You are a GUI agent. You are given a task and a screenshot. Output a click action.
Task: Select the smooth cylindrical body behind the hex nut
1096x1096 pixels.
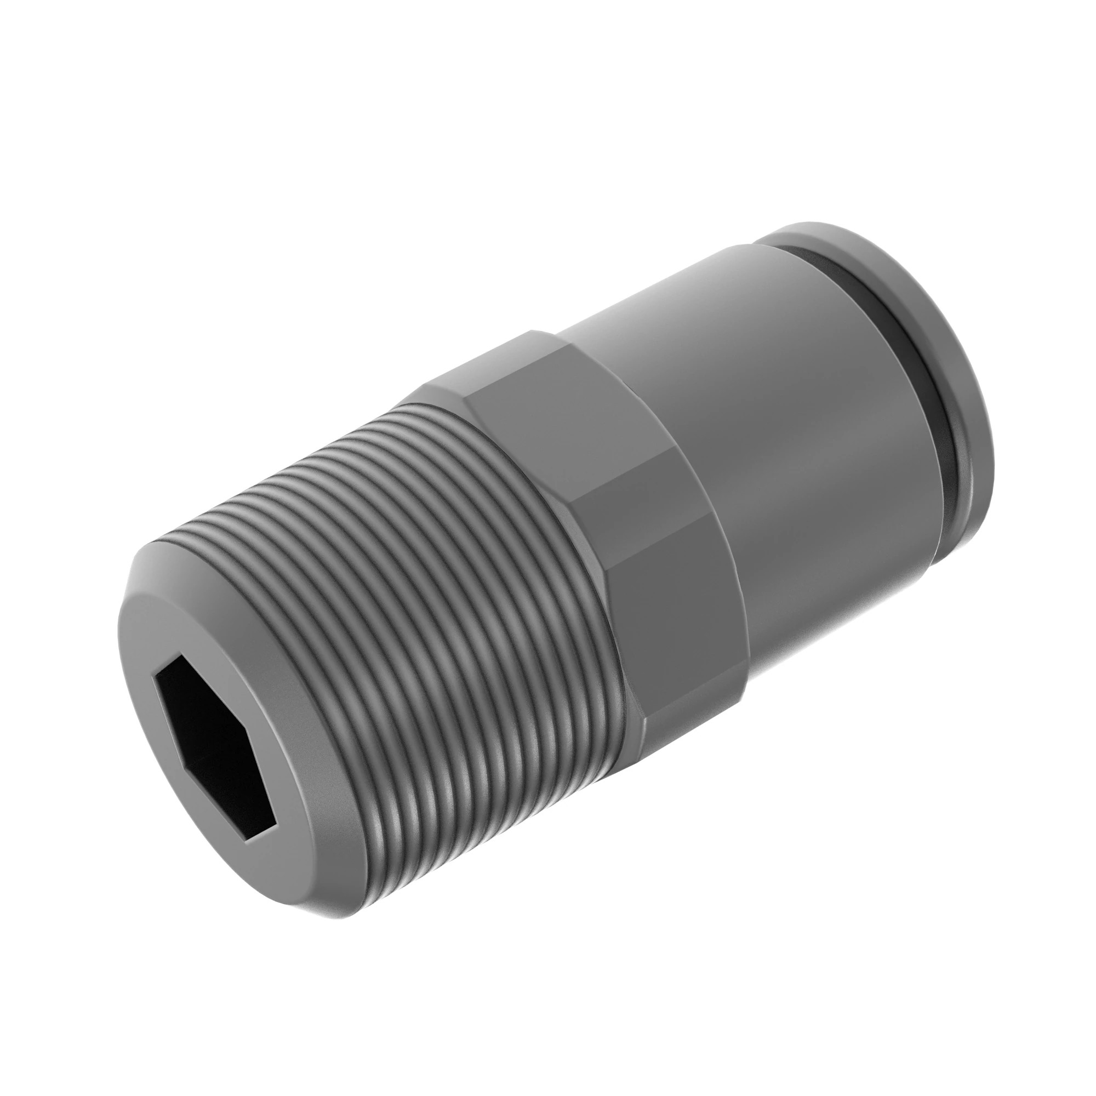tap(766, 482)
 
